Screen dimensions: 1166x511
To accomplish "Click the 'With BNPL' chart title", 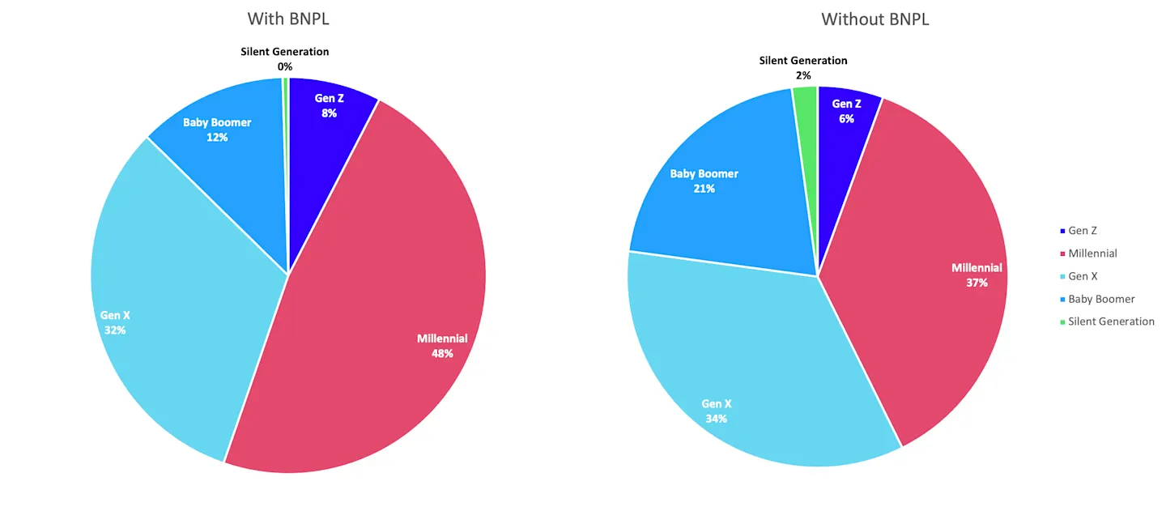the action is point(288,19).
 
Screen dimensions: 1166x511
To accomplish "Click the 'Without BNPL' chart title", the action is point(875,19).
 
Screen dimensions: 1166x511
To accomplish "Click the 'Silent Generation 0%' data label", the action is point(285,59).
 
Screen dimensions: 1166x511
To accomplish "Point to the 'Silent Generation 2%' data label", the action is point(803,68).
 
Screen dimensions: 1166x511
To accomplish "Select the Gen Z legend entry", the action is point(1079,231).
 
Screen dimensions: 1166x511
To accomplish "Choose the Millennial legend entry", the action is point(1088,253).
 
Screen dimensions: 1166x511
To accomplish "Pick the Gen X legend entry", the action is point(1079,276).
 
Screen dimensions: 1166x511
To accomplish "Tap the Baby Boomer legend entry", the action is point(1097,299).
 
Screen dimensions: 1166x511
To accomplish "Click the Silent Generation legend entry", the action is point(1107,322).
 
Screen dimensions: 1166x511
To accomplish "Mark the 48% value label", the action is point(442,354).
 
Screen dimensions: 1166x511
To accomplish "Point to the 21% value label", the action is point(704,189).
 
